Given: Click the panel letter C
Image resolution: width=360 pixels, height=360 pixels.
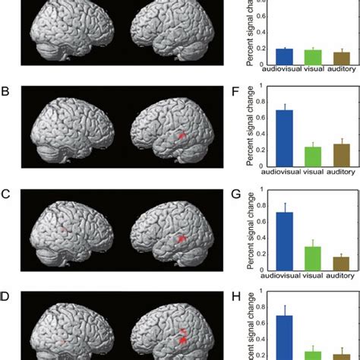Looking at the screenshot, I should (x=6, y=194).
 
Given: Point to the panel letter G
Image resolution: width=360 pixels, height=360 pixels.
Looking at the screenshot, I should (x=236, y=194).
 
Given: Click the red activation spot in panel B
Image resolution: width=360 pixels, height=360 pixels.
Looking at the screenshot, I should (x=182, y=134).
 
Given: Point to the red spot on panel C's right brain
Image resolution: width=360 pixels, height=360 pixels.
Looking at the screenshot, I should (x=182, y=238).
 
